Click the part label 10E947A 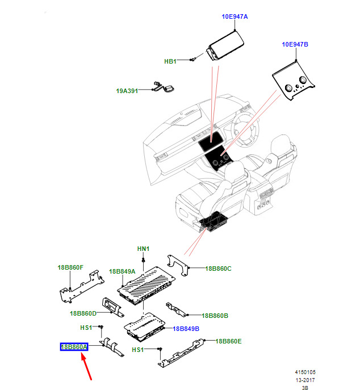click(235, 16)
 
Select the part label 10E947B click(295, 44)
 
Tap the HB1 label click(170, 61)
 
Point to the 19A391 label click(127, 91)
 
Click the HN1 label click(143, 249)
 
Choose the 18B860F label click(70, 267)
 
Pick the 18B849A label click(122, 271)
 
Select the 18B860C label click(218, 269)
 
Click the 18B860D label click(83, 313)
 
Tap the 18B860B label click(215, 316)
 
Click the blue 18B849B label click(186, 329)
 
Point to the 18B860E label click(228, 341)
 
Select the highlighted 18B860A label click(74, 347)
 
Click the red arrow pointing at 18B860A click(86, 367)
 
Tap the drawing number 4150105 click(305, 372)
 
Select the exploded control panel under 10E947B click(294, 81)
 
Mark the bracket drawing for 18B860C click(178, 265)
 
